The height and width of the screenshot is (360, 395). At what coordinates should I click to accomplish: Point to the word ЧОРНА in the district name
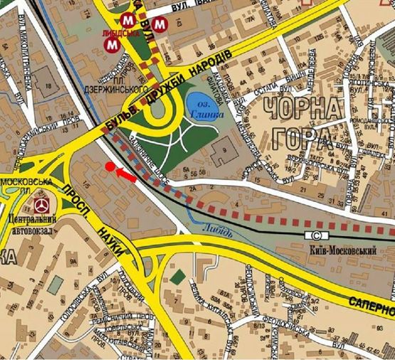pyautogui.click(x=293, y=110)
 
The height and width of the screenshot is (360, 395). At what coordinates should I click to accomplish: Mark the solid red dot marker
pyautogui.click(x=109, y=166)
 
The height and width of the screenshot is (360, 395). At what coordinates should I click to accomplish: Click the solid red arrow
pyautogui.click(x=126, y=173)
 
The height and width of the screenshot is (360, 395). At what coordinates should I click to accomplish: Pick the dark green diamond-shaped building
pyautogui.click(x=179, y=276)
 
